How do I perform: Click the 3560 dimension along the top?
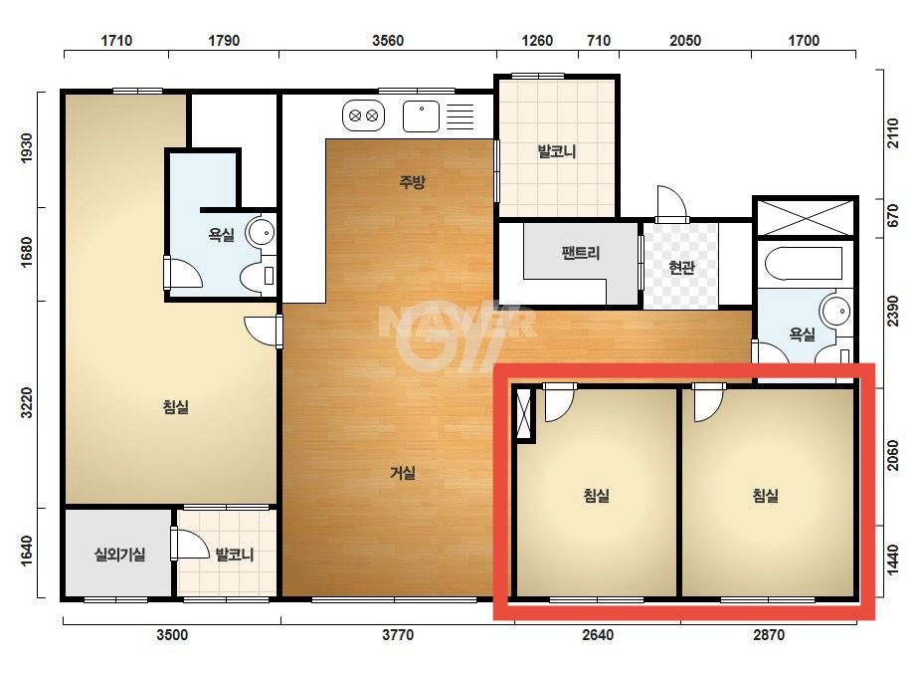tap(388, 41)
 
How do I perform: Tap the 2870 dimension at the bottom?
tap(768, 635)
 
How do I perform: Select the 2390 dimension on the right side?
tap(892, 311)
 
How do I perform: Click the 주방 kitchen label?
tap(412, 182)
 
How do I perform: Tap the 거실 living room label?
tap(403, 473)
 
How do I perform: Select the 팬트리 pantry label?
tap(580, 253)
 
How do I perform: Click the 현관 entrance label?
tap(681, 268)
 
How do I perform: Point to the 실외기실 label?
tap(120, 554)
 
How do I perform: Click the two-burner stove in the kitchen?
tap(363, 115)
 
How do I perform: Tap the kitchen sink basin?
tap(421, 116)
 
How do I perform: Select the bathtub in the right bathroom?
tap(804, 264)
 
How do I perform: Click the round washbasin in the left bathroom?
tap(261, 233)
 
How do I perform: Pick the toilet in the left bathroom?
tap(259, 275)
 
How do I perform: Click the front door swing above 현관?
tap(671, 203)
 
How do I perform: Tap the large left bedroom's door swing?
tap(261, 332)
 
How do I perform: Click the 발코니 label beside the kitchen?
tap(557, 152)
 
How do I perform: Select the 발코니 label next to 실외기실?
tap(234, 554)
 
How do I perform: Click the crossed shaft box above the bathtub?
tap(806, 218)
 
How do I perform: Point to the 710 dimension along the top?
tap(599, 41)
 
